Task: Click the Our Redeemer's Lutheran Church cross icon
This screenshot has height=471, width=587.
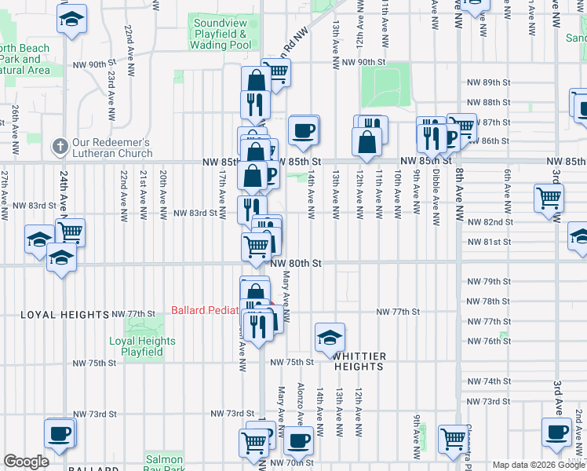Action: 59,147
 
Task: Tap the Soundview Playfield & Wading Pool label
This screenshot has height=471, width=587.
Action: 222,34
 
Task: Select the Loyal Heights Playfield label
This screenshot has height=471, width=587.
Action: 142,347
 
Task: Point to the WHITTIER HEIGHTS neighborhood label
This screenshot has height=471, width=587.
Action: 359,361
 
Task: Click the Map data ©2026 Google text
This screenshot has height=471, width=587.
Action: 538,465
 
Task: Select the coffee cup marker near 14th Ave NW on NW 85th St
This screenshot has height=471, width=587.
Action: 303,130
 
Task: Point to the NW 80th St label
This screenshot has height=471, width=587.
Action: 297,264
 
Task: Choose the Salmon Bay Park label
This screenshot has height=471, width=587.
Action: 164,464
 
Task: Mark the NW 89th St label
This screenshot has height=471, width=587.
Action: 489,82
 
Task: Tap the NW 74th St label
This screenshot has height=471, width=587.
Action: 489,382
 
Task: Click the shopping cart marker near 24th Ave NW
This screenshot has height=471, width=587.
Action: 71,232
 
